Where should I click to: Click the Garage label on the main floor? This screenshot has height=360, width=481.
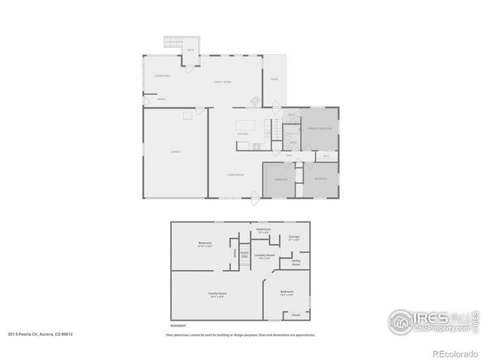click(175, 151)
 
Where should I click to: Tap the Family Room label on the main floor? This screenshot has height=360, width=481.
click(223, 82)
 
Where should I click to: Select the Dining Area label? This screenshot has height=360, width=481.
click(162, 75)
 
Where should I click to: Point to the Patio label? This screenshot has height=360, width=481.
click(275, 79)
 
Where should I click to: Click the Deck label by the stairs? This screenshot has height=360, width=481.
click(190, 50)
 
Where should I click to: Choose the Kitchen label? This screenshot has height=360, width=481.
click(241, 135)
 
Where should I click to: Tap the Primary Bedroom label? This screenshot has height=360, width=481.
click(320, 129)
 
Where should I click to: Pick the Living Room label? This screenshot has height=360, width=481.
click(236, 176)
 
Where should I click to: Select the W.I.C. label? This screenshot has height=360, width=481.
click(326, 155)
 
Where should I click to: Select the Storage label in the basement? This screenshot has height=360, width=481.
click(295, 237)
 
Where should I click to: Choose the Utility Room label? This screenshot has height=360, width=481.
click(296, 262)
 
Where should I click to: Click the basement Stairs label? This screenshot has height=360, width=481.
click(243, 253)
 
